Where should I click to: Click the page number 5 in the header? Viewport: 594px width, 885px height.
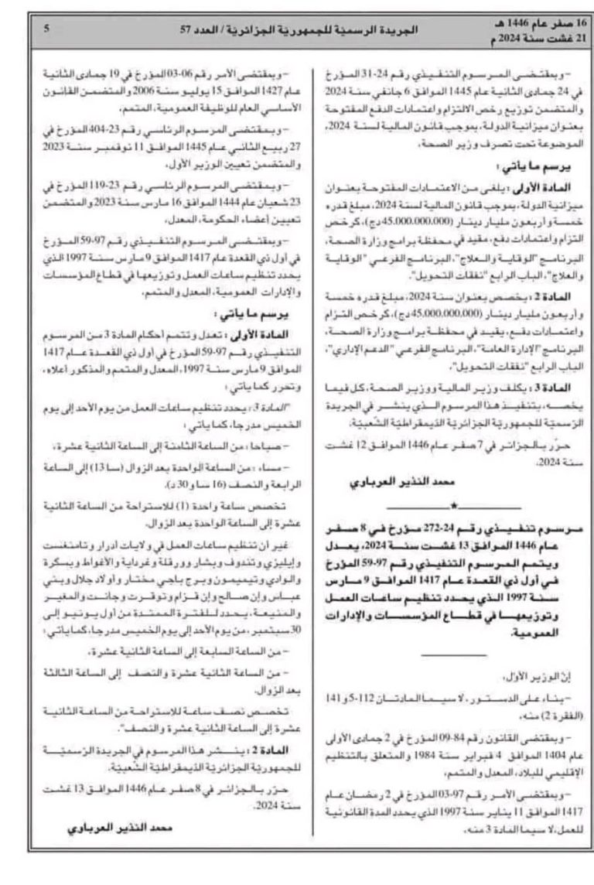point(47,29)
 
